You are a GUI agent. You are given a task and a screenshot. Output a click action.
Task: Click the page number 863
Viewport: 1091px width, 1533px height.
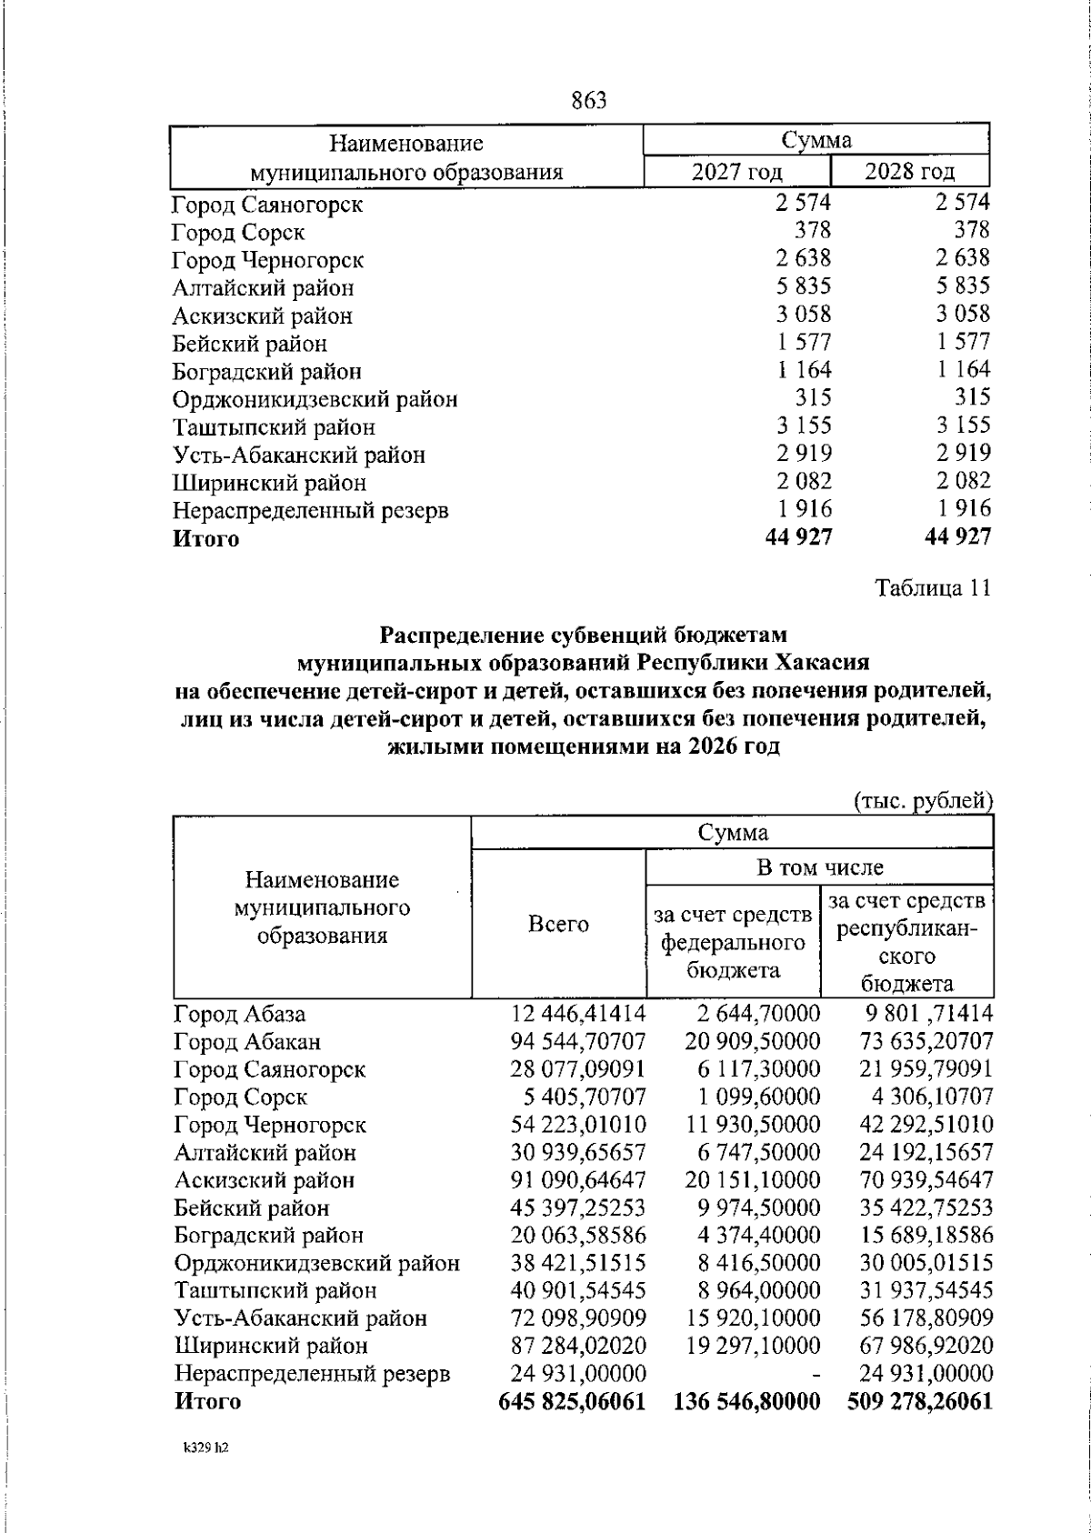pos(589,101)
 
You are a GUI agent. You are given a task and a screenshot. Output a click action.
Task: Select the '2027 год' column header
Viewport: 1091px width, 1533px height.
pos(736,172)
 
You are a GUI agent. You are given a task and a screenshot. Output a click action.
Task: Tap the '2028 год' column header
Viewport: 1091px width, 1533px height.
pos(909,172)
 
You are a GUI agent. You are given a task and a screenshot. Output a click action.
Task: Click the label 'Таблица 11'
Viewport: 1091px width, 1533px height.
pos(931,588)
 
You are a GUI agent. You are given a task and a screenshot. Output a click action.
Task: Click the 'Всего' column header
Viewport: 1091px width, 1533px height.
pos(558,925)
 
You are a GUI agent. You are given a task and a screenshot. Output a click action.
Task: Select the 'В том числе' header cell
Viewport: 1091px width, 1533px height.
pos(820,867)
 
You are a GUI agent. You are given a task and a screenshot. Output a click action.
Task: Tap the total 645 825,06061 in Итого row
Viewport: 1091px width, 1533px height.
pos(573,1401)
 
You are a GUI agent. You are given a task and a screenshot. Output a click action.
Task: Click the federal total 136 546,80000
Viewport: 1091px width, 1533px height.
pos(747,1401)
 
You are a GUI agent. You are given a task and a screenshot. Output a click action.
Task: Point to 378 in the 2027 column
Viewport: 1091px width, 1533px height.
pos(812,231)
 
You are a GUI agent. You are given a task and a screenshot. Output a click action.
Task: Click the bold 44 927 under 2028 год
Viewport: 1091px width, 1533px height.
pos(957,537)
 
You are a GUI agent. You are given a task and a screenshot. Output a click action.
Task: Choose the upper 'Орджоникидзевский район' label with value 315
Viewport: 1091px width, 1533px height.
pos(315,399)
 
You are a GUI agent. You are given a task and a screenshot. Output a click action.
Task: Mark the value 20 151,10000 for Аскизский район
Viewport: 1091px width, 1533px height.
pos(753,1180)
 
